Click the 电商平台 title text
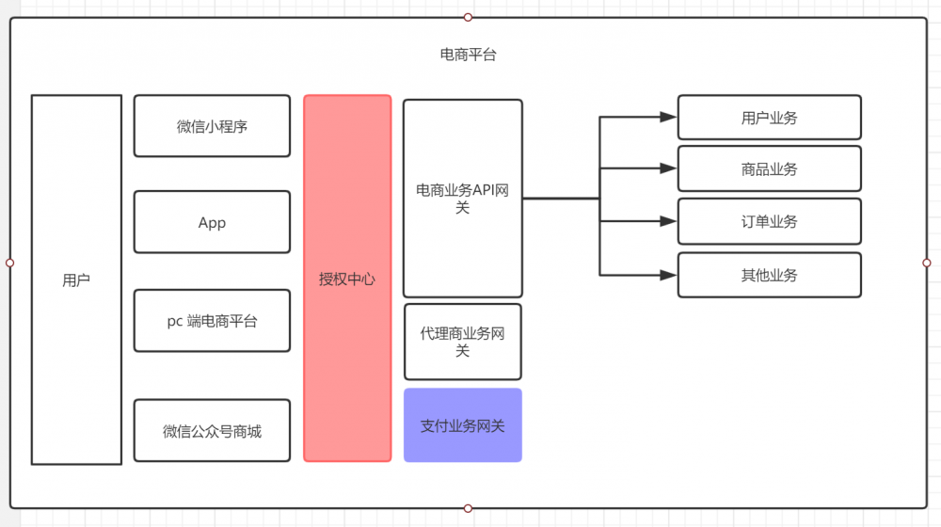click(468, 55)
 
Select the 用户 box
click(76, 279)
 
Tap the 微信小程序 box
click(212, 126)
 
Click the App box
click(212, 223)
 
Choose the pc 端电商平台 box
click(212, 321)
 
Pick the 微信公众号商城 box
click(212, 431)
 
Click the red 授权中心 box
click(347, 279)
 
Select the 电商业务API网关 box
click(462, 199)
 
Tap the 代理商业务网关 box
click(462, 342)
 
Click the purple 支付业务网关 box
click(462, 425)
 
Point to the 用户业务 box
click(769, 118)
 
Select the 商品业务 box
click(769, 169)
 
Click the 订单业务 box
click(769, 221)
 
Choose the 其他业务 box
click(769, 275)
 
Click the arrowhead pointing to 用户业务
click(668, 118)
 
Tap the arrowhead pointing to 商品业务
click(668, 169)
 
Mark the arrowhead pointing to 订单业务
click(668, 222)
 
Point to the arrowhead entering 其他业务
click(668, 275)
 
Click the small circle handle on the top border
click(468, 17)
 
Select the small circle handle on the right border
click(927, 263)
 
